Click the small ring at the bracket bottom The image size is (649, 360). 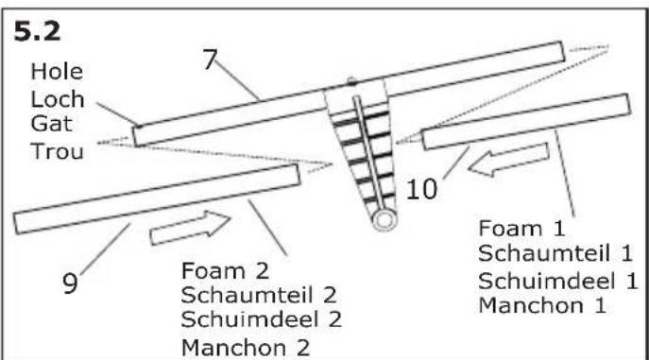[x=384, y=221]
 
